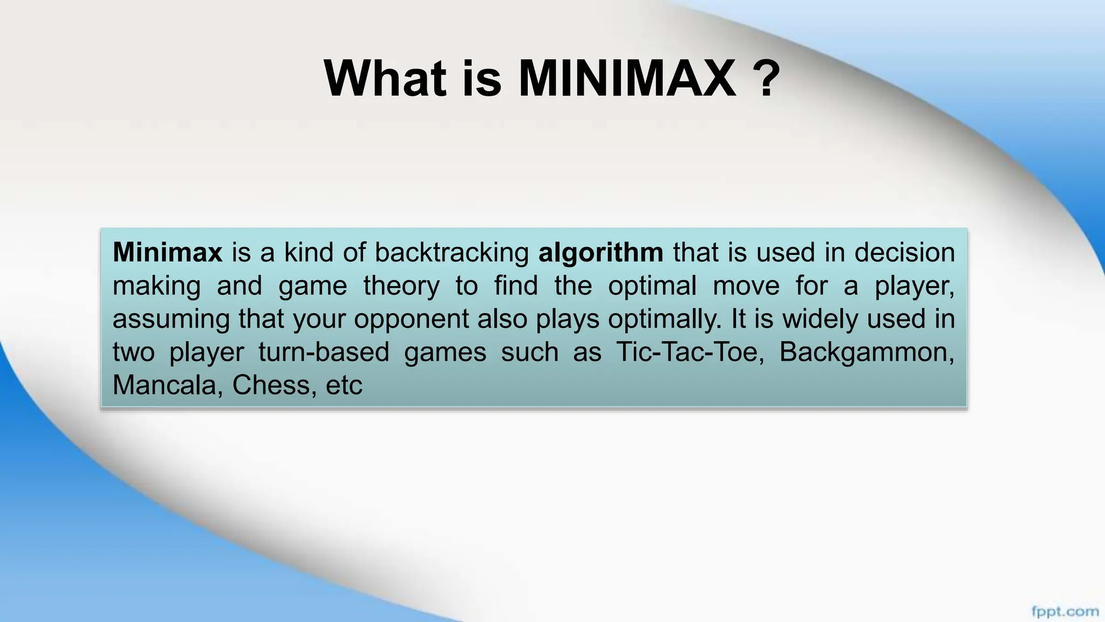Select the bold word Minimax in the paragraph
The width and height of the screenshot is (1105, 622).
(167, 252)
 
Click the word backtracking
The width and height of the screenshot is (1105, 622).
(452, 253)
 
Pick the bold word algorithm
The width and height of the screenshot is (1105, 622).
(601, 253)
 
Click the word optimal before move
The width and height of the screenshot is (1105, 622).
(652, 286)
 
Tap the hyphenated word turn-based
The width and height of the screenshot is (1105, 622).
(324, 352)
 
